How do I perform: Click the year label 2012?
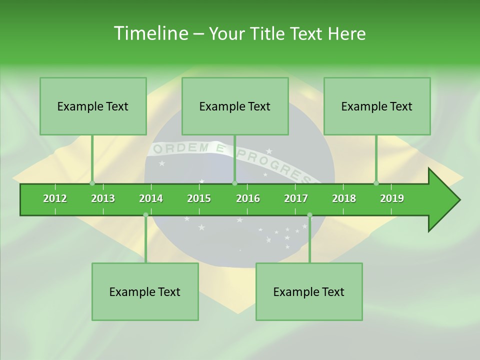click(55, 198)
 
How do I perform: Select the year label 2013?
click(103, 198)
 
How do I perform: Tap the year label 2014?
click(151, 198)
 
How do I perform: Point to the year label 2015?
click(199, 198)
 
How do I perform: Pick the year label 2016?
click(248, 198)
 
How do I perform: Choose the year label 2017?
click(296, 198)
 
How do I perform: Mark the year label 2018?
click(344, 198)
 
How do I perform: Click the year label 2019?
click(392, 198)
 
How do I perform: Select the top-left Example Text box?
click(93, 106)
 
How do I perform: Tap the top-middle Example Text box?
click(235, 106)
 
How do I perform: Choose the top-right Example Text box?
click(377, 106)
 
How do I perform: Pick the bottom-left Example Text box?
click(145, 291)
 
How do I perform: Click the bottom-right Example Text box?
click(309, 291)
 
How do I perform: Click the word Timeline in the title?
click(150, 33)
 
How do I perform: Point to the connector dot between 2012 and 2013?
click(92, 183)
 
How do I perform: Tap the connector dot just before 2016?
click(234, 183)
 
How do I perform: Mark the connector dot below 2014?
click(145, 215)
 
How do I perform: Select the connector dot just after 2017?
click(309, 215)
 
